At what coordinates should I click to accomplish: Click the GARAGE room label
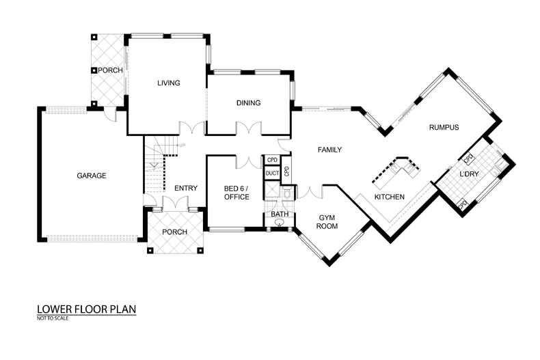(91, 176)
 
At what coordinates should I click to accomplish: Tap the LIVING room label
(168, 83)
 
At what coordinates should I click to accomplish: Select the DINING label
(248, 103)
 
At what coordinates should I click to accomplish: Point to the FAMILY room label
(329, 150)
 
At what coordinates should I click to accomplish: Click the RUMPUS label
(444, 127)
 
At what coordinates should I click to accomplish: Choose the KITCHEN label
(390, 197)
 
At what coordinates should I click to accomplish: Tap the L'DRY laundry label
(470, 176)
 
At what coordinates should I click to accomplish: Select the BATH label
(279, 214)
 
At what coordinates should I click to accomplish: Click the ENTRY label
(186, 189)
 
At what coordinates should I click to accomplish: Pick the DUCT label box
(271, 174)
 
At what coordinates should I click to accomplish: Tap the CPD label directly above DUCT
(271, 161)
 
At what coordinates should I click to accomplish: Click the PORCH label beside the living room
(110, 70)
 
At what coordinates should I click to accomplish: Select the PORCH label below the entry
(174, 232)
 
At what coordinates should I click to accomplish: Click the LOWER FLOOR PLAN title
(86, 309)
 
